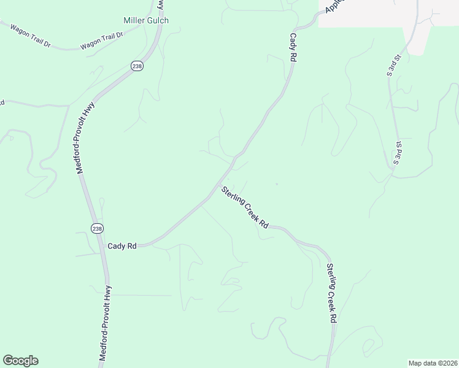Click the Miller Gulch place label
pyautogui.click(x=146, y=20)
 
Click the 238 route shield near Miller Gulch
pyautogui.click(x=137, y=66)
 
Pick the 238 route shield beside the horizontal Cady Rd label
pyautogui.click(x=97, y=228)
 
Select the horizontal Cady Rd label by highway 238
pyautogui.click(x=122, y=246)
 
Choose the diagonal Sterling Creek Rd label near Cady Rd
pyautogui.click(x=245, y=207)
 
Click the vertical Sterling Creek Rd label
pyautogui.click(x=331, y=293)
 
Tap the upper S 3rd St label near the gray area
pyautogui.click(x=393, y=66)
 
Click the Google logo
pyautogui.click(x=20, y=361)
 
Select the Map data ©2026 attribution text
pyautogui.click(x=433, y=363)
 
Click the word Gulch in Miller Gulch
pyautogui.click(x=158, y=20)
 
